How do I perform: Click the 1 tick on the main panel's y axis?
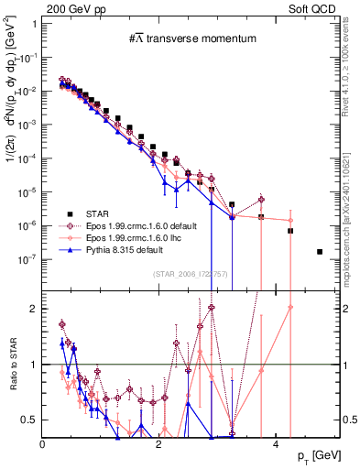(32, 24)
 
